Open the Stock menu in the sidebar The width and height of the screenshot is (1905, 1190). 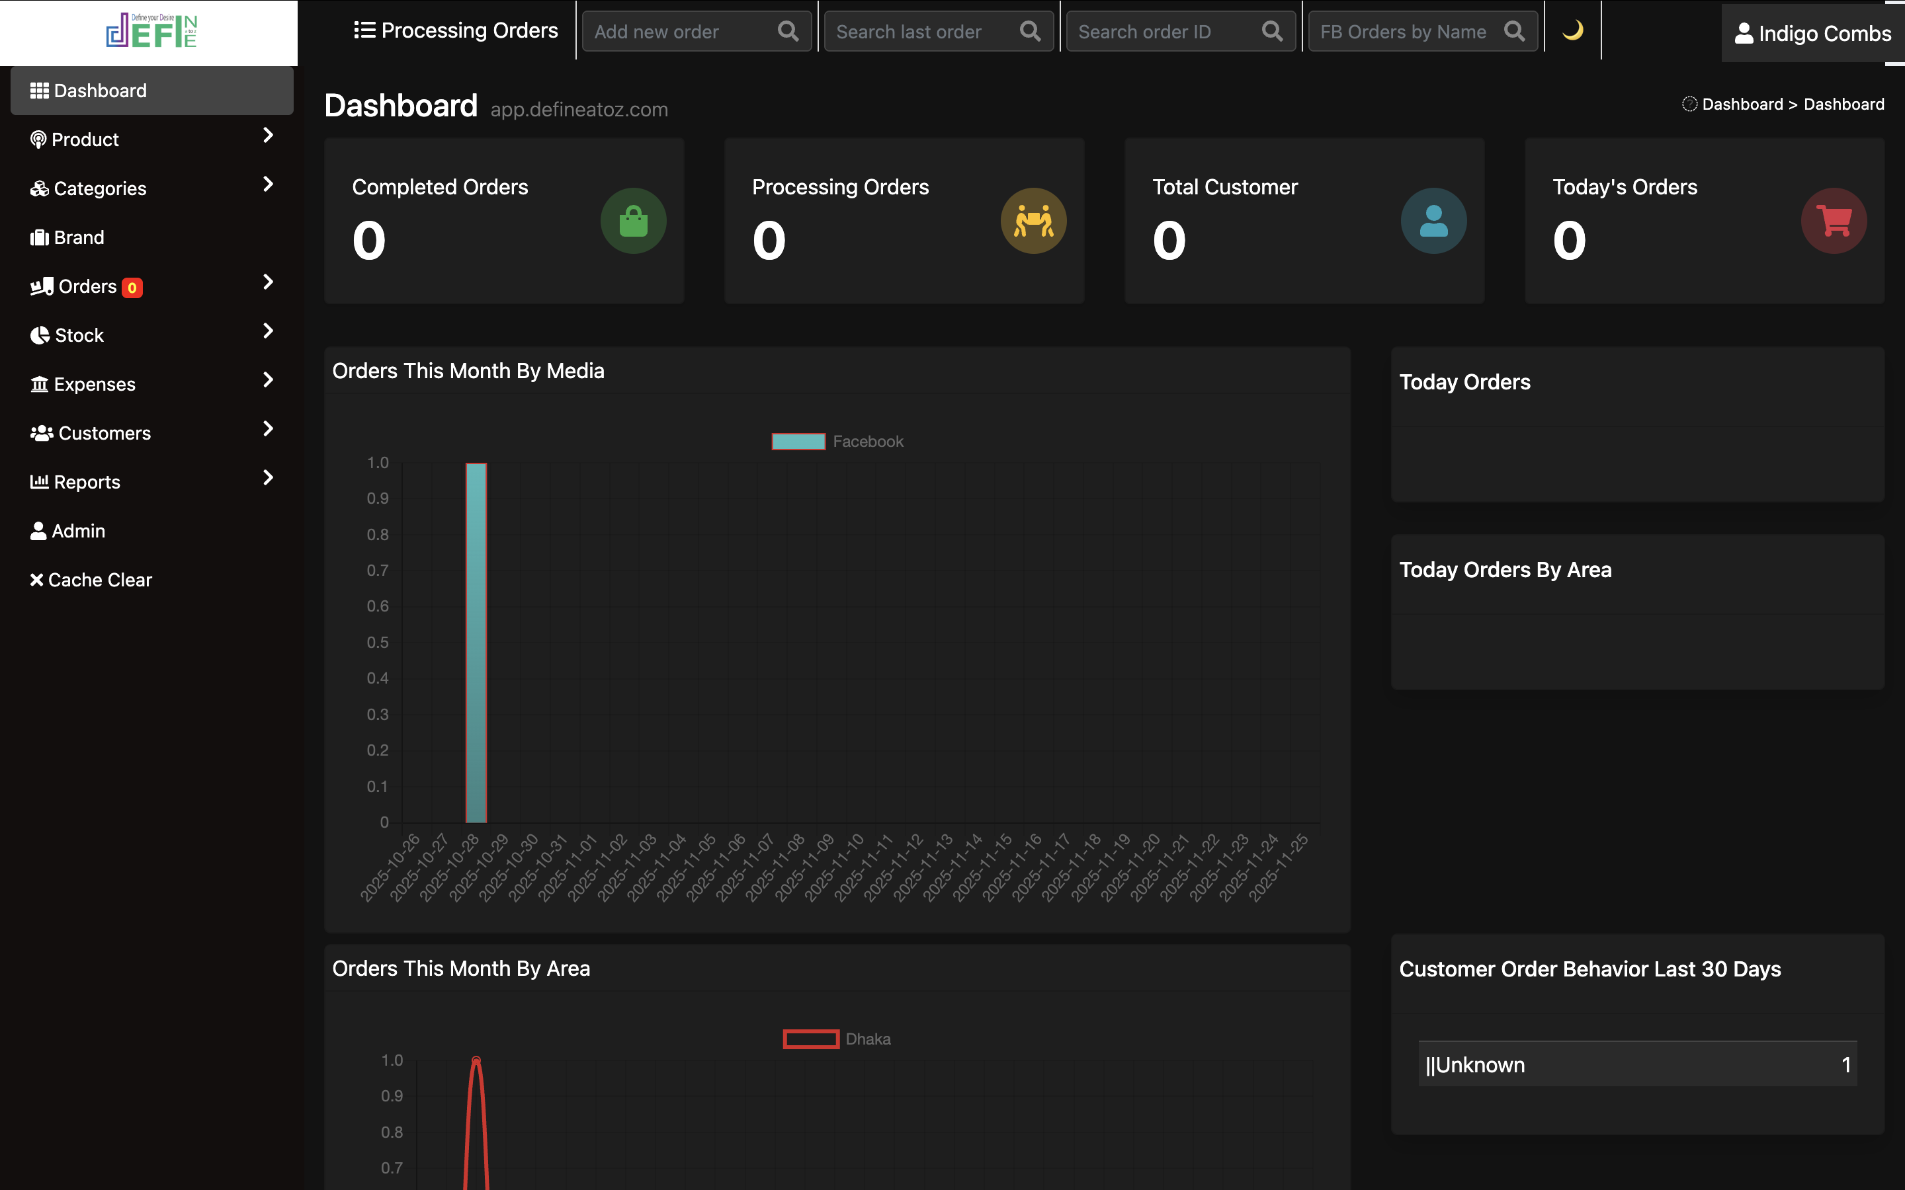(x=79, y=335)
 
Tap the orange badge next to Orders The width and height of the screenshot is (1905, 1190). (x=132, y=288)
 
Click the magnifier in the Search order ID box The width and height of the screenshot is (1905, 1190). (x=1272, y=32)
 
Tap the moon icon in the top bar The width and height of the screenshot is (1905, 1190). (x=1572, y=30)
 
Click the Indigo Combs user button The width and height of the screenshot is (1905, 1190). (x=1812, y=33)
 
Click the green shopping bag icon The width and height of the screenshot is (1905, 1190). (x=633, y=221)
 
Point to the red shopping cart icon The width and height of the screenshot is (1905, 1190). (x=1834, y=221)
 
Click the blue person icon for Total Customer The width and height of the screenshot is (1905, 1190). (x=1433, y=221)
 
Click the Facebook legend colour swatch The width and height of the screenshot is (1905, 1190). (x=798, y=442)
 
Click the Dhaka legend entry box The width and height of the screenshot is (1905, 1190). (x=811, y=1039)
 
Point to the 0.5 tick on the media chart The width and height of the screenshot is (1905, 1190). (x=378, y=642)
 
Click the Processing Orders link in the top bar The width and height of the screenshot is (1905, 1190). (x=456, y=30)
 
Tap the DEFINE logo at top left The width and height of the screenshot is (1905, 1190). (x=150, y=32)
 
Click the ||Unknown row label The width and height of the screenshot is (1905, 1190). (x=1475, y=1065)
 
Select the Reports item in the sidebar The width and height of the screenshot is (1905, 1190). (x=87, y=483)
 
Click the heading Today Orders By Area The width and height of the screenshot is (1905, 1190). (x=1505, y=570)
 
